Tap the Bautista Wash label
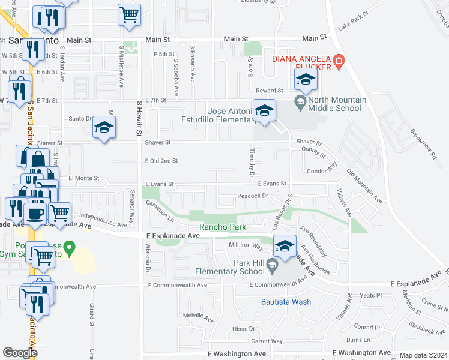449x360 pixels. click(286, 302)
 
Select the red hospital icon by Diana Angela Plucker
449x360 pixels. click(339, 61)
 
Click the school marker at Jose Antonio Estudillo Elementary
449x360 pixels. click(264, 110)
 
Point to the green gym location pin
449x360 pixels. click(70, 247)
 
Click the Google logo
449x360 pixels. click(20, 353)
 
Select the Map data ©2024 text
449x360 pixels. click(423, 355)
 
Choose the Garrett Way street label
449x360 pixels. click(267, 341)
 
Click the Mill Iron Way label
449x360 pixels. click(246, 246)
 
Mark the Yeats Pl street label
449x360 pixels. click(370, 295)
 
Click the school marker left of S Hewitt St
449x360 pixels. click(104, 127)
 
